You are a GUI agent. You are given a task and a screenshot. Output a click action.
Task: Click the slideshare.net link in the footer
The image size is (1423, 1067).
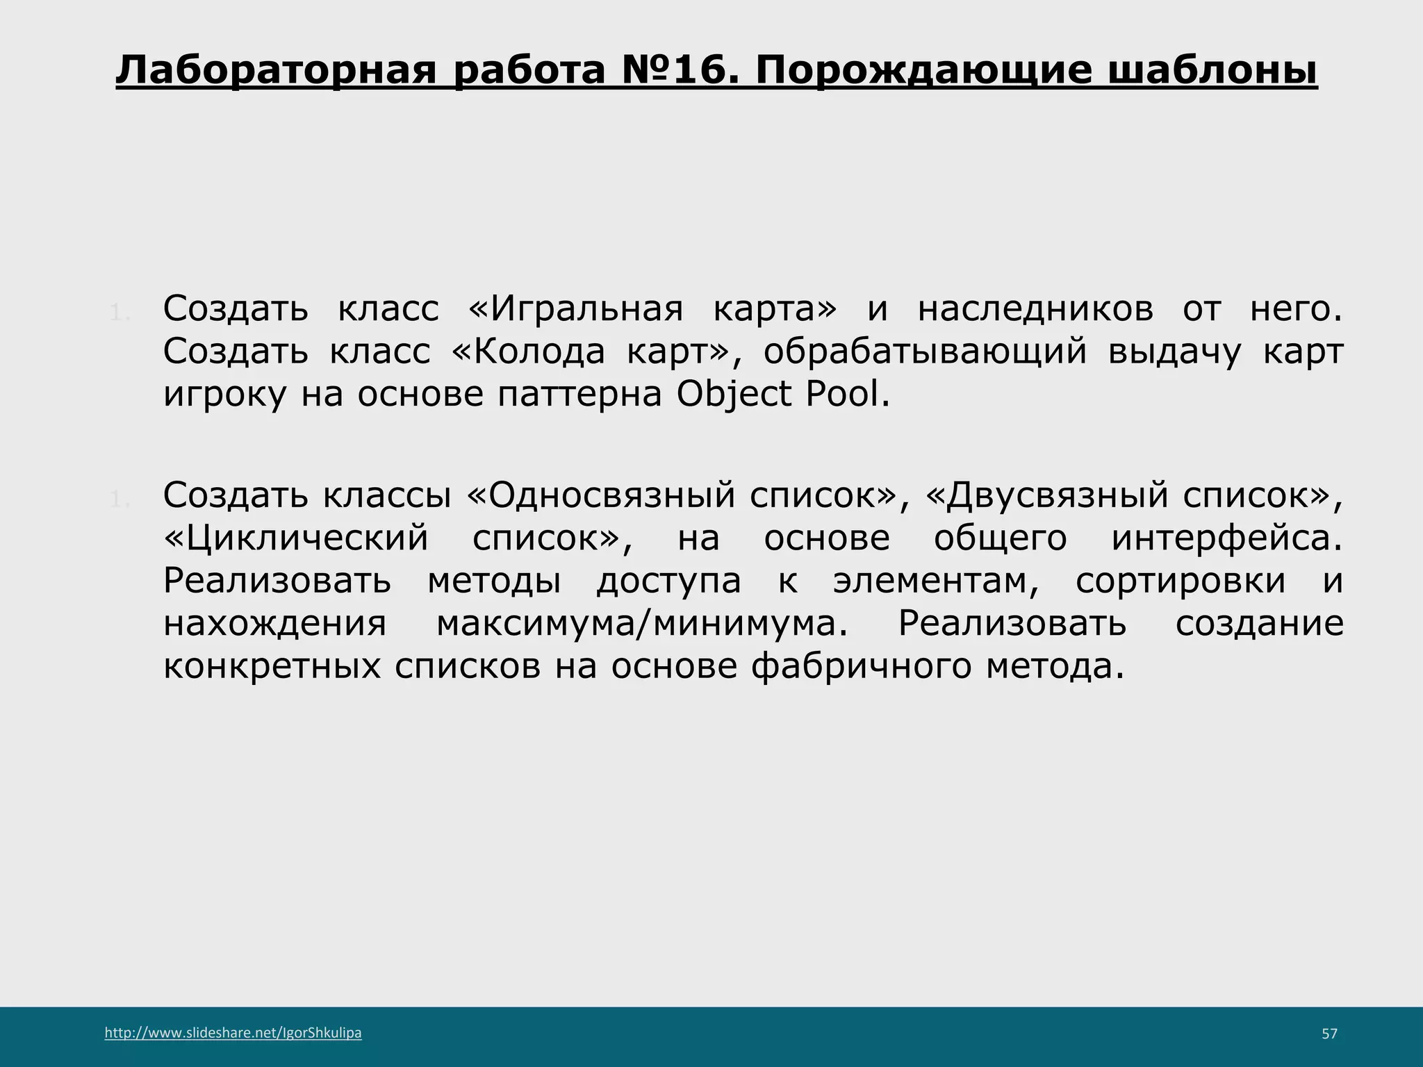click(x=233, y=1033)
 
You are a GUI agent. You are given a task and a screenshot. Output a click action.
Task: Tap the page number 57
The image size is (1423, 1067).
click(x=1329, y=1034)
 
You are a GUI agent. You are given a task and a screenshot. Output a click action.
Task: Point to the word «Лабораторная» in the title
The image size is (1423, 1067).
click(x=276, y=71)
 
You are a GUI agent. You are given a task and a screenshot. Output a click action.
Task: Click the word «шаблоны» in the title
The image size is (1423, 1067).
click(x=1212, y=71)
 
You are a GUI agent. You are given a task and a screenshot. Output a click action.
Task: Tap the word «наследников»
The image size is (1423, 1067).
click(x=1035, y=308)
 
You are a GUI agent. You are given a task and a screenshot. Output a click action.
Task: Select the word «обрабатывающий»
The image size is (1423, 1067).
click(x=925, y=351)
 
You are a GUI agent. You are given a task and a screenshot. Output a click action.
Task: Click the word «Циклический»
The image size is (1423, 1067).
click(x=297, y=538)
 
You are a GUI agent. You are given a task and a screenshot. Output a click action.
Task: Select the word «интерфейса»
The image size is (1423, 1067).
click(x=1226, y=538)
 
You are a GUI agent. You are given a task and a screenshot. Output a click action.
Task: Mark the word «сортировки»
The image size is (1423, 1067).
click(x=1181, y=581)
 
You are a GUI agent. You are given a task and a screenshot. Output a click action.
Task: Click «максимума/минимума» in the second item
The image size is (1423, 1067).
click(x=642, y=623)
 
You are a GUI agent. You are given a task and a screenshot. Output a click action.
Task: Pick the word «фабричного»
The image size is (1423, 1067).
click(x=861, y=666)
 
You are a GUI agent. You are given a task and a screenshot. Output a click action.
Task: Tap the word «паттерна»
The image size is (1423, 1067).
click(x=579, y=395)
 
